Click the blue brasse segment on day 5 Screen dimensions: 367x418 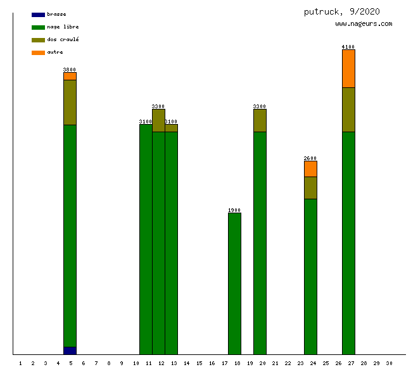pyautogui.click(x=70, y=351)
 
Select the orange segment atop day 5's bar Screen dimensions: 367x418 pyautogui.click(x=70, y=76)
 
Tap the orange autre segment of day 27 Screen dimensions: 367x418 pyautogui.click(x=348, y=68)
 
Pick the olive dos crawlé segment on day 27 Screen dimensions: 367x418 pyautogui.click(x=348, y=109)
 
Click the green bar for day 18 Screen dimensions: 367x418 pyautogui.click(x=234, y=283)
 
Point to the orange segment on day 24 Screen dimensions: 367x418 pyautogui.click(x=310, y=169)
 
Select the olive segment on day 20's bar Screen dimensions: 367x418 pyautogui.click(x=260, y=120)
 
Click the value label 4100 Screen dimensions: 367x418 pyautogui.click(x=348, y=47)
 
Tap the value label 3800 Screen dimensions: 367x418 pyautogui.click(x=70, y=70)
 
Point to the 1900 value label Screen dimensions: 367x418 pyautogui.click(x=234, y=210)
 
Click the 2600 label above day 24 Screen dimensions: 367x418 pyautogui.click(x=310, y=158)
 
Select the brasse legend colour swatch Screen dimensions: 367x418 pyautogui.click(x=38, y=15)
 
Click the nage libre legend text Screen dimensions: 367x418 pyautogui.click(x=63, y=27)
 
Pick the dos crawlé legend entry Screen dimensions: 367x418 pyautogui.click(x=63, y=39)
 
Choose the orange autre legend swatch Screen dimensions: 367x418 pyautogui.click(x=38, y=53)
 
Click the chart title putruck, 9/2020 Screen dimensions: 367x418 pyautogui.click(x=341, y=11)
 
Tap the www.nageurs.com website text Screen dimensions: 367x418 pyautogui.click(x=364, y=24)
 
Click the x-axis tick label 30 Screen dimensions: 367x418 pyautogui.click(x=389, y=363)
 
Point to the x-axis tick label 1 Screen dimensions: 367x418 pyautogui.click(x=20, y=363)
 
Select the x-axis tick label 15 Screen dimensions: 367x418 pyautogui.click(x=199, y=363)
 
